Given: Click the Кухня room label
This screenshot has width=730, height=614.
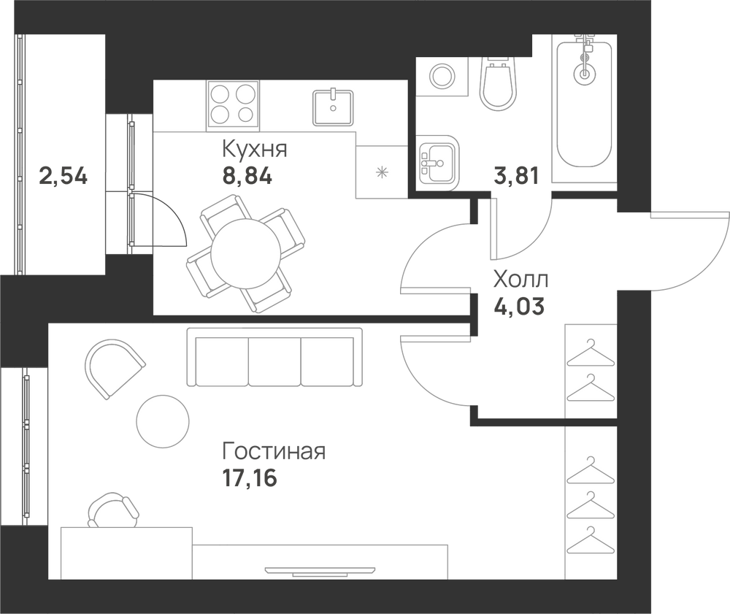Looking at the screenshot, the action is click(254, 150).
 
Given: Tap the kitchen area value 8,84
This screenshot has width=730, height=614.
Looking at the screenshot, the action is click(247, 177).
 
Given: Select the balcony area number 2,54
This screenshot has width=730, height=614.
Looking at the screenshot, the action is click(64, 177).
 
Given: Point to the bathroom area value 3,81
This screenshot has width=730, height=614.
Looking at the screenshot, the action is click(516, 176).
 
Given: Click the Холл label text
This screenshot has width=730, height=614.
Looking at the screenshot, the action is click(520, 280).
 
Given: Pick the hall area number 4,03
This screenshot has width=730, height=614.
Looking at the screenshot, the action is click(518, 307).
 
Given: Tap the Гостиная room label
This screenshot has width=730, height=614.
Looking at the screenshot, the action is click(274, 451).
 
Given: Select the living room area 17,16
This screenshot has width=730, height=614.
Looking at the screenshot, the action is click(250, 477).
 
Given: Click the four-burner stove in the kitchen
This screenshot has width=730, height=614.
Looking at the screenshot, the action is click(233, 106).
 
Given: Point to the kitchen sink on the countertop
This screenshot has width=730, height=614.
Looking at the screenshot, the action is click(333, 107).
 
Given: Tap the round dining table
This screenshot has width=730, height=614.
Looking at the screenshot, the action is click(246, 253).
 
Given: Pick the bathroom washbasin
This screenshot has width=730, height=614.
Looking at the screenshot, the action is click(438, 163).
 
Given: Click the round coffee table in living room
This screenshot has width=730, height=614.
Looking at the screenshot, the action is click(163, 422).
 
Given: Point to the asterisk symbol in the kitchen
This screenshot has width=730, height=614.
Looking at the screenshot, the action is click(382, 173).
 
